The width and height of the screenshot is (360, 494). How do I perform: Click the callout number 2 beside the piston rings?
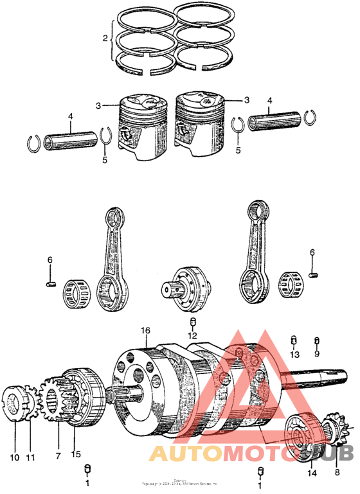(x=105, y=39)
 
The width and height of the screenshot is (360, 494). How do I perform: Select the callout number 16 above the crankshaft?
(x=145, y=330)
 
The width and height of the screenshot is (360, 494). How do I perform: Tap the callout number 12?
(x=192, y=335)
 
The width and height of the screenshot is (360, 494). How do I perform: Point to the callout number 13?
(x=294, y=355)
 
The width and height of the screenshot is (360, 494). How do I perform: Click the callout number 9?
(x=316, y=354)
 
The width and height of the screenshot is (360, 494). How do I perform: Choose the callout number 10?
(x=14, y=439)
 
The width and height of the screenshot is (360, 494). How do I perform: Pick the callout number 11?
(x=30, y=439)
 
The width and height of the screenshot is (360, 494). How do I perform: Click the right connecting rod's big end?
(x=255, y=283)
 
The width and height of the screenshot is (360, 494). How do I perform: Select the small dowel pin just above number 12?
(x=192, y=321)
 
